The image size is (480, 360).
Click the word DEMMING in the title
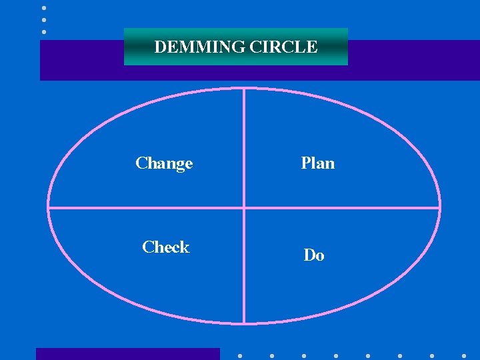click(x=190, y=47)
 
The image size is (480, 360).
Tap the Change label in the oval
click(x=164, y=163)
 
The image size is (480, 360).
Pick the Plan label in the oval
click(x=318, y=163)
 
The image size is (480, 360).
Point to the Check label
click(x=166, y=247)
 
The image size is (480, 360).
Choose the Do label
click(x=314, y=255)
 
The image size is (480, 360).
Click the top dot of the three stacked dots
click(x=44, y=8)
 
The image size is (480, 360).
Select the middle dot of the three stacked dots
click(x=44, y=19)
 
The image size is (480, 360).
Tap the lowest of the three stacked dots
click(x=44, y=31)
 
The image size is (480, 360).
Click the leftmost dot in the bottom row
click(x=240, y=356)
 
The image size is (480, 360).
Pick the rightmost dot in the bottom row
click(x=464, y=356)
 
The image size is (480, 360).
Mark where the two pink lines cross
click(x=245, y=207)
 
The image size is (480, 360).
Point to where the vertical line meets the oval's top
click(x=245, y=88)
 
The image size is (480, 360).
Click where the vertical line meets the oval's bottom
click(x=245, y=324)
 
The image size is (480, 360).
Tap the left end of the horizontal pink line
click(x=49, y=207)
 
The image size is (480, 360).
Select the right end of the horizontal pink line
click(x=440, y=207)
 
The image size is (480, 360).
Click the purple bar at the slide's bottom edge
click(x=127, y=354)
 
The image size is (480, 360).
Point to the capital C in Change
click(x=141, y=163)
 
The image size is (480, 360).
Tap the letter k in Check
click(x=185, y=247)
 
